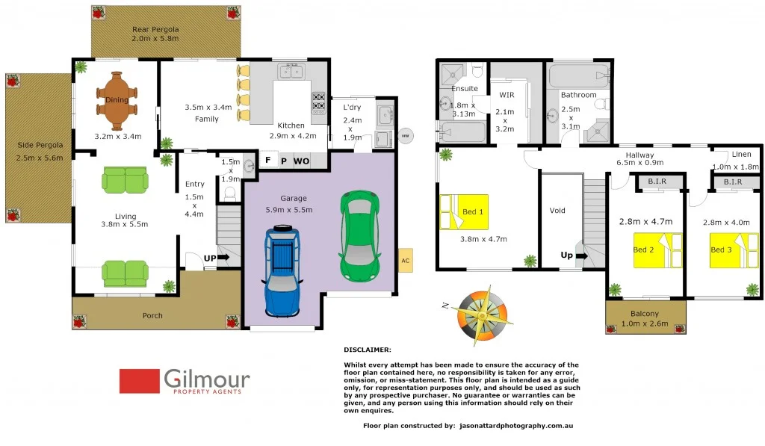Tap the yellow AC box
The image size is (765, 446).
[x=405, y=261]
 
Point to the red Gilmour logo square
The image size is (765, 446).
[x=140, y=381]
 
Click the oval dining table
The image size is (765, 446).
[x=117, y=100]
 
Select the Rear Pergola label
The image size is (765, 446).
[x=155, y=34]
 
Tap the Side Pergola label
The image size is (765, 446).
[x=34, y=151]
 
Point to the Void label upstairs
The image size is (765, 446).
[x=557, y=211]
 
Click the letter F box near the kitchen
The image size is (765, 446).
[x=268, y=160]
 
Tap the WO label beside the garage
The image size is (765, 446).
[x=301, y=160]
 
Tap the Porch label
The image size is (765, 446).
[x=152, y=316]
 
